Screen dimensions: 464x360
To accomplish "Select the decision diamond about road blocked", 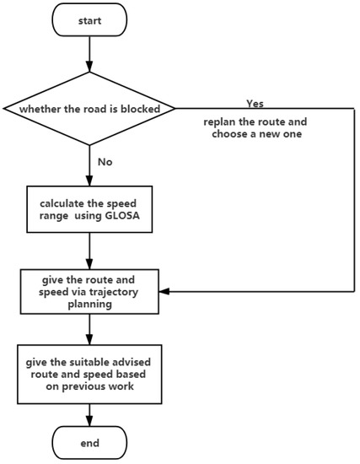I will point(89,108).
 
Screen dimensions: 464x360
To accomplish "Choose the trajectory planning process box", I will point(89,291).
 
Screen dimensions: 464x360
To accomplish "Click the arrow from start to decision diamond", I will point(89,57).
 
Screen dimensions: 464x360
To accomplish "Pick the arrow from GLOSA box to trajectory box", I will point(89,251).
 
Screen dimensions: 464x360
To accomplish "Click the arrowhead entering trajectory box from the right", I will point(164,291).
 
